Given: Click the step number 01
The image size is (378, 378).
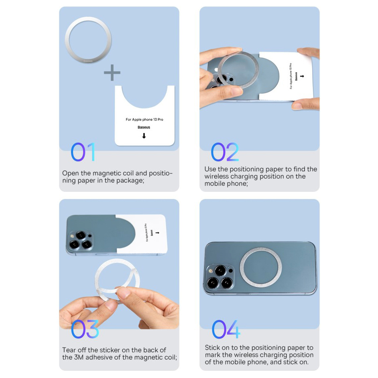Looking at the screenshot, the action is [83, 152].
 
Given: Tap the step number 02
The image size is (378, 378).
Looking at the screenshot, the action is [225, 152].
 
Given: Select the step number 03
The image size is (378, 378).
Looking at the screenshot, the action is [85, 329].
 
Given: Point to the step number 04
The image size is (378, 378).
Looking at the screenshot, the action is [226, 329].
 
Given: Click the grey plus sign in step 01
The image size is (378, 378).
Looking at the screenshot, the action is [112, 72].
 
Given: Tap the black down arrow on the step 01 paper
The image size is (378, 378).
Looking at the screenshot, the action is [144, 136].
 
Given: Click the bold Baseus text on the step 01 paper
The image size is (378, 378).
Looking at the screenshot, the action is [144, 127].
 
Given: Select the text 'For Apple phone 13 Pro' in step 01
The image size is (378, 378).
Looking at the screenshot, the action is [144, 119].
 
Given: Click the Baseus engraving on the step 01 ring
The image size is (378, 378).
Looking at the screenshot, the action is [88, 61].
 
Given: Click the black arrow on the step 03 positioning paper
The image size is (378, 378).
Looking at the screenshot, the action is [157, 233].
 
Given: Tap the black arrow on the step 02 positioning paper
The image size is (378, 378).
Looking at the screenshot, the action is [302, 76].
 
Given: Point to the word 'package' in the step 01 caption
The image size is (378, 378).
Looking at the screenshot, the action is [130, 181].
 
